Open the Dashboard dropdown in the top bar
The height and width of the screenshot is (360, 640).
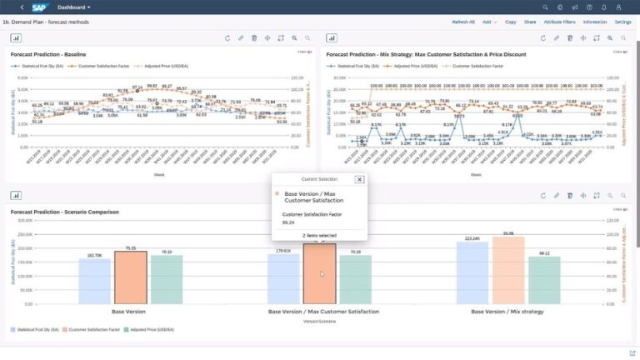click(74, 7)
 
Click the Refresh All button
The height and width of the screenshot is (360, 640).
click(463, 22)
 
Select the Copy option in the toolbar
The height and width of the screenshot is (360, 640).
click(510, 22)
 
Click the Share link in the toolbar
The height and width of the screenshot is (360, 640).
click(530, 22)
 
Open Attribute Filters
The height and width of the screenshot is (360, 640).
click(559, 22)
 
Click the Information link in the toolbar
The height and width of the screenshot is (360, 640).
click(595, 22)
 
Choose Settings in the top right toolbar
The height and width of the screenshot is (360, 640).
click(622, 22)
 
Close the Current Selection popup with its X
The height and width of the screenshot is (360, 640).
click(359, 179)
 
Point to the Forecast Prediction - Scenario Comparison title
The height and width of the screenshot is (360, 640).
click(65, 212)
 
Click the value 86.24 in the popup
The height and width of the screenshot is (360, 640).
click(288, 222)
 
